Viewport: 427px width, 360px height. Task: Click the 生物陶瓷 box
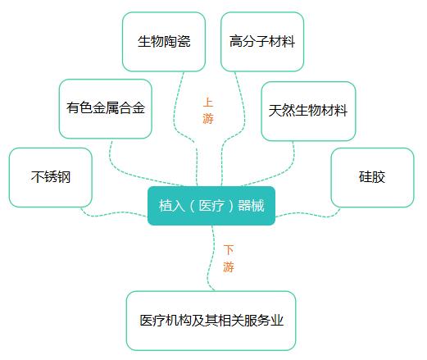pos(164,42)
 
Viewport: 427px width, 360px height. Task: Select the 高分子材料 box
pos(262,42)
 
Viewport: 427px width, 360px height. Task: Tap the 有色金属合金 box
pos(106,109)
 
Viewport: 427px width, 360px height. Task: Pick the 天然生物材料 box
pos(308,111)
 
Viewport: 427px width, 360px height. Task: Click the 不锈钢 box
pos(51,177)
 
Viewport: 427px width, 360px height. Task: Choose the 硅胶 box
pos(372,177)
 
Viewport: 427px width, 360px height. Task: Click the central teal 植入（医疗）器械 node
pos(211,206)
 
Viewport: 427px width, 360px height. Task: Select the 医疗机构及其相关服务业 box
pos(211,321)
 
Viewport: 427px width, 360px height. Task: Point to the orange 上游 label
pos(208,111)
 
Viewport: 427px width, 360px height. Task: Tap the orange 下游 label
pos(229,258)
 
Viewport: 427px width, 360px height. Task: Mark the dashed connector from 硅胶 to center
pos(309,214)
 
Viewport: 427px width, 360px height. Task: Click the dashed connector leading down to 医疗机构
pos(210,258)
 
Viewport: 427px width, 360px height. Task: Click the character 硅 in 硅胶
pos(366,177)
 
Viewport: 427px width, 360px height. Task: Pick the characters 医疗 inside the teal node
pos(211,206)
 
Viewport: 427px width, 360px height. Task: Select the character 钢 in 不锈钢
pos(64,177)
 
